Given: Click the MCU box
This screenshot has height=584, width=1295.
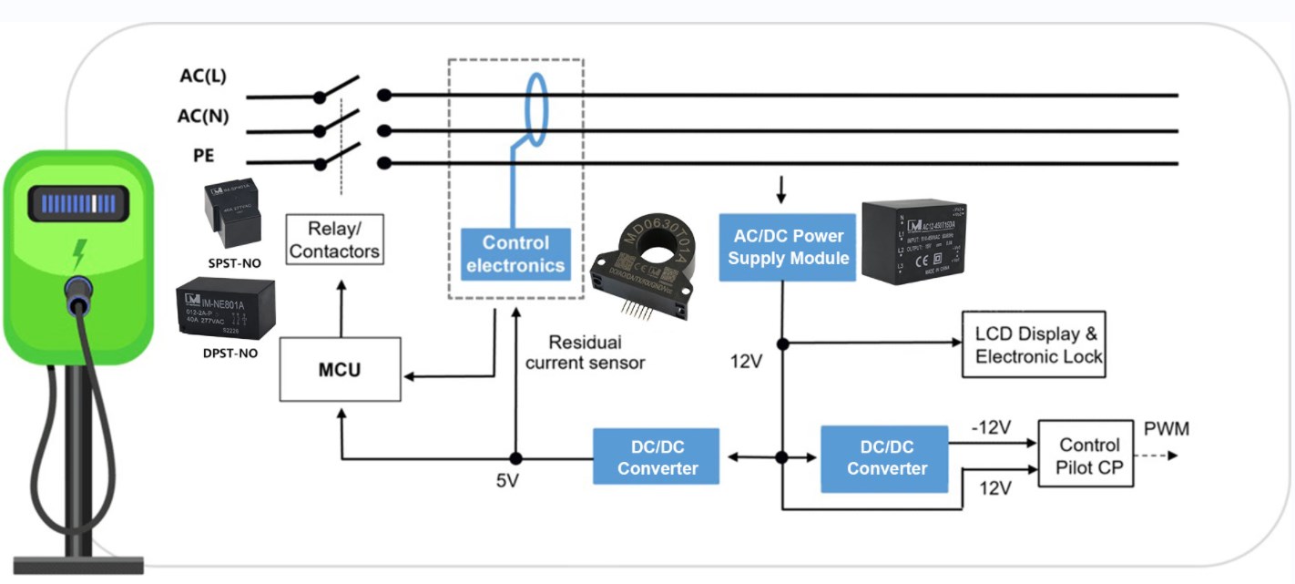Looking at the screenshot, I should pos(339,370).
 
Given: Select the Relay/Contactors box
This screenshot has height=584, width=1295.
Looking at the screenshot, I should pos(334,240).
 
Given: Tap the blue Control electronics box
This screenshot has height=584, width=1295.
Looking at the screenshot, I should pos(515,254).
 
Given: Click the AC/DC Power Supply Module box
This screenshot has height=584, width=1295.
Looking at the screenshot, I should pos(788,247).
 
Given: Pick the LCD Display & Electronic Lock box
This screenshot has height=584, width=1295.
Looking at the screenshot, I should pos(1034,344).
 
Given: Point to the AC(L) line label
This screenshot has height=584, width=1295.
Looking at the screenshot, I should pos(202,77).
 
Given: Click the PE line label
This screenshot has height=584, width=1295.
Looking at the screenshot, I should pos(203,156).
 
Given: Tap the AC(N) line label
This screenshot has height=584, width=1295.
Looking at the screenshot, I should pos(202,116).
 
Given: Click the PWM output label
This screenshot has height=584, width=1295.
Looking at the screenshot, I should pos(1166,429).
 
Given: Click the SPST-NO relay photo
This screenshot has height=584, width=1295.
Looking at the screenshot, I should pos(231,216).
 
